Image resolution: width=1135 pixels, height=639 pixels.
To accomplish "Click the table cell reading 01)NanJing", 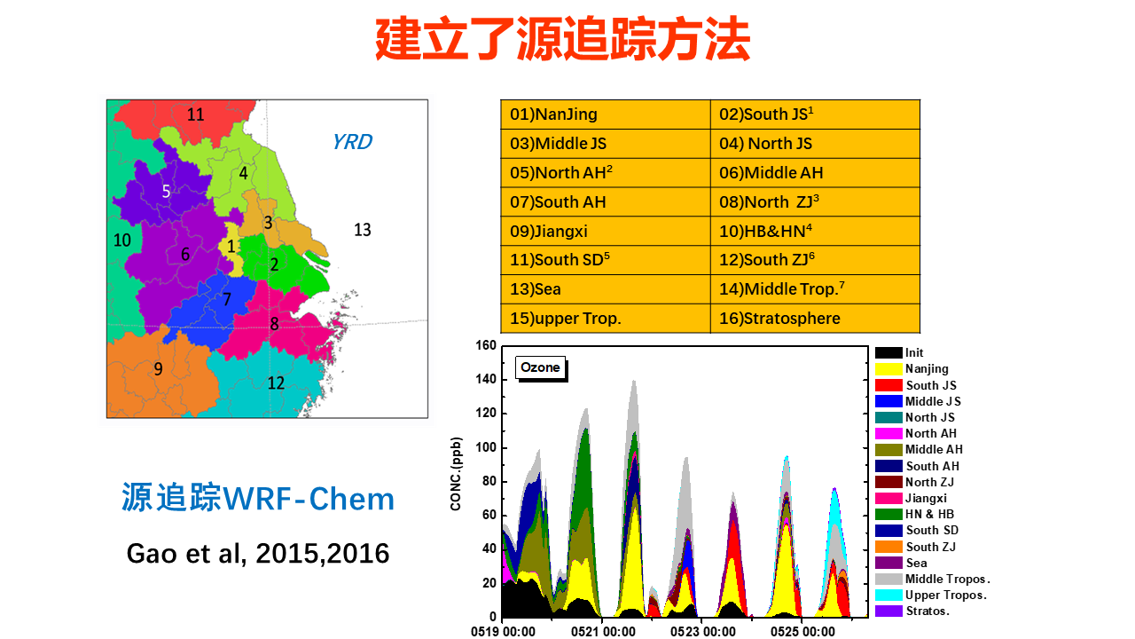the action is [x=606, y=114].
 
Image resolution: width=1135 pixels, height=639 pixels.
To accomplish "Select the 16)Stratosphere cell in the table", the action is [x=815, y=319].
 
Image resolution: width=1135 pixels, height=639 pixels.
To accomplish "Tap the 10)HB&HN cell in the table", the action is [x=815, y=232].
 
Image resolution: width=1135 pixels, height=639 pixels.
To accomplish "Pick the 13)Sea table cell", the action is [x=606, y=289].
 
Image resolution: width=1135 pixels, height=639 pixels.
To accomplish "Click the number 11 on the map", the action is [x=196, y=114].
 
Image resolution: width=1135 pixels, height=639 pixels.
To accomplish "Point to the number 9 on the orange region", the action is [x=158, y=369].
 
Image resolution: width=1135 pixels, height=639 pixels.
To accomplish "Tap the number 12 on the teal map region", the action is [x=276, y=383].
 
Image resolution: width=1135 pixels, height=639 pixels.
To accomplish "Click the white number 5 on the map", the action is [x=166, y=191].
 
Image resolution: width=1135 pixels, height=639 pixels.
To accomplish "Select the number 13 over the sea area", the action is [x=363, y=230].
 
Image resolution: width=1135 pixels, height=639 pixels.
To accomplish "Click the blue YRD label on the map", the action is [x=352, y=142].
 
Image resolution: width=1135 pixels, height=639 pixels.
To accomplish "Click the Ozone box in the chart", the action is [x=540, y=367].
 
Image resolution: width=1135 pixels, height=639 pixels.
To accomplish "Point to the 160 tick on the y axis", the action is [x=485, y=345].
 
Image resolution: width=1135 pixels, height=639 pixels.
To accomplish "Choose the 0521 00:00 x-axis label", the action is [x=603, y=631].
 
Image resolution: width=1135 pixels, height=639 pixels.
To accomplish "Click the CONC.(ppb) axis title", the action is [x=456, y=474].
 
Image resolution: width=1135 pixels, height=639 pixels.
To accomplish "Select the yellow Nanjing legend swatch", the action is [x=888, y=368].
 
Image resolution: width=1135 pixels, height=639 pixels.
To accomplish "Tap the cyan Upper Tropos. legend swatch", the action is [x=888, y=595].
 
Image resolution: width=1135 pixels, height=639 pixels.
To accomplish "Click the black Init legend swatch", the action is [x=888, y=352].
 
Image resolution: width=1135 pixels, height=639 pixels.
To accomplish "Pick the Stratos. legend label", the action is [x=928, y=611].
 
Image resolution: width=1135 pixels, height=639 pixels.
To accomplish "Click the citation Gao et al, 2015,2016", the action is [x=258, y=553].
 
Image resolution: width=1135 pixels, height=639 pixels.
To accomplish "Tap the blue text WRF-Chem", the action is [x=309, y=499].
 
